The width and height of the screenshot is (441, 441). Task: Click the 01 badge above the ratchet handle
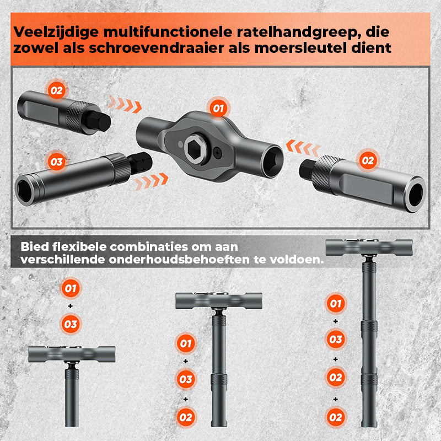(218, 108)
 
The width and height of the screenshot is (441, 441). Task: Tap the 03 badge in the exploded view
(57, 162)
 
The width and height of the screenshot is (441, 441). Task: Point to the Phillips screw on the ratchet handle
(217, 152)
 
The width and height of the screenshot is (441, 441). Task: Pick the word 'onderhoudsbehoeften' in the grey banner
(179, 260)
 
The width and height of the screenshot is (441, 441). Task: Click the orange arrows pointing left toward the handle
(303, 147)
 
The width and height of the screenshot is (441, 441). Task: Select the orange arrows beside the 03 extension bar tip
(151, 182)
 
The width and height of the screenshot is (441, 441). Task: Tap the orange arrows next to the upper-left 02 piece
(125, 104)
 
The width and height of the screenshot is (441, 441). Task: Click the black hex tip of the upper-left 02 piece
(98, 121)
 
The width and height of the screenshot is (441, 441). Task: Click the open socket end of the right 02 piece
(415, 195)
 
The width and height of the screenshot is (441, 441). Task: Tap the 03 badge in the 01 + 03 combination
(71, 324)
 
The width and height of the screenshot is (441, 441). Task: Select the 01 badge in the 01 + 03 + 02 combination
(186, 343)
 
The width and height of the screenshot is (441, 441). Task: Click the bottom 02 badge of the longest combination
(336, 417)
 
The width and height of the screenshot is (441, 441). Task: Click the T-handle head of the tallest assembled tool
(369, 247)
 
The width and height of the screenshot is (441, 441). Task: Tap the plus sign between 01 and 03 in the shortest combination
(71, 306)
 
